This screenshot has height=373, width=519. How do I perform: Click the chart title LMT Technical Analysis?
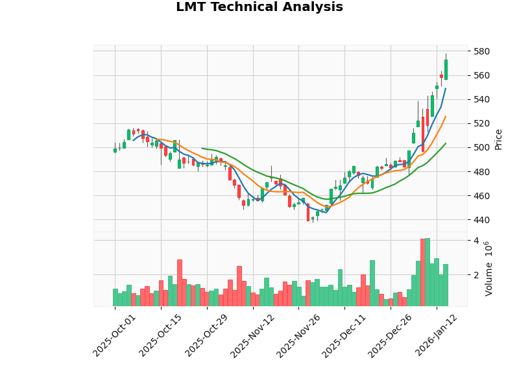pos(259,8)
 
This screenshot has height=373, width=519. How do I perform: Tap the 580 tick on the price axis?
pos(481,51)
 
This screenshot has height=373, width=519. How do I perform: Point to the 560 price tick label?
pos(481,75)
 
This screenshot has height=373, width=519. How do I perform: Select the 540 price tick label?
pos(481,99)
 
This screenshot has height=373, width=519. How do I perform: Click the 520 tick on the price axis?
pos(481,123)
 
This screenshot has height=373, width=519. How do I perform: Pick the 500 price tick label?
pos(481,147)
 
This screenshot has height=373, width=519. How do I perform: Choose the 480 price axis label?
pos(481,171)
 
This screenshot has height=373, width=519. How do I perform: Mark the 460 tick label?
pos(481,195)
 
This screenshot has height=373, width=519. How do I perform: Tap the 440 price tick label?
pos(481,219)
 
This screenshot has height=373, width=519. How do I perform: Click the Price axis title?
pos(498,139)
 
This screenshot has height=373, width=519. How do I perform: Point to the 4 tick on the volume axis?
pos(476,241)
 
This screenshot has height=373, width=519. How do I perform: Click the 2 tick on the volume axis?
pos(476,275)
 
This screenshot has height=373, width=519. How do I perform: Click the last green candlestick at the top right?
pos(446,69)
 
